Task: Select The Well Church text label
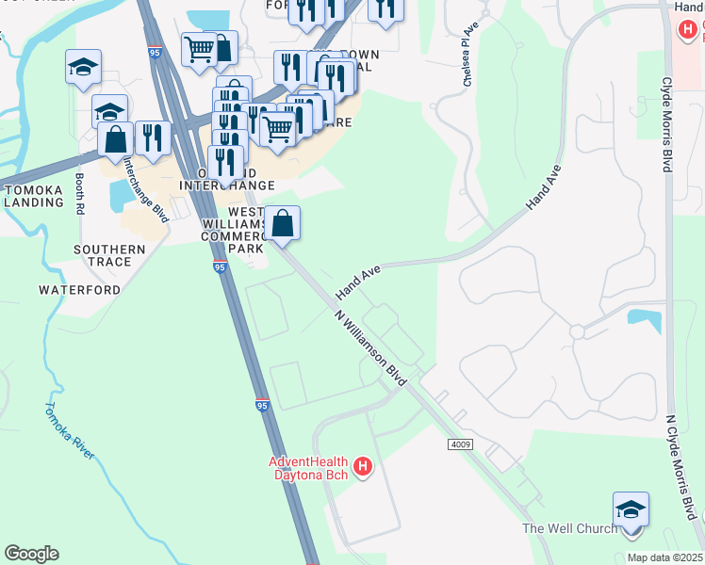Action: coord(570,528)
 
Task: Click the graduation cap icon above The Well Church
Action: coord(631,510)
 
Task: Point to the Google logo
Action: coord(31,553)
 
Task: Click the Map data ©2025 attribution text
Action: coord(664,557)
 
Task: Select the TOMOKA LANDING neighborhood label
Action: coord(33,196)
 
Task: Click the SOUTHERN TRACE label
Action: coord(110,250)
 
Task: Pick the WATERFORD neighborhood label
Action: coord(79,290)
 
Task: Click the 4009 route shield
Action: coord(460,443)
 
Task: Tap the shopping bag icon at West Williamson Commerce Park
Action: coord(282,224)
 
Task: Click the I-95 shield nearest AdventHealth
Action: coord(263,405)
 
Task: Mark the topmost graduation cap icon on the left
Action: coord(83,67)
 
